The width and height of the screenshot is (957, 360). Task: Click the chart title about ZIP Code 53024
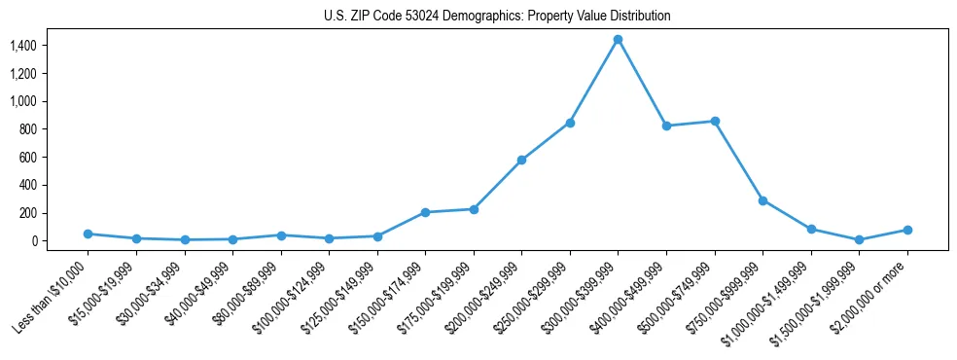pyautogui.click(x=497, y=17)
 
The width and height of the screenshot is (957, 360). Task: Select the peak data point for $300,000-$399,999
pyautogui.click(x=618, y=40)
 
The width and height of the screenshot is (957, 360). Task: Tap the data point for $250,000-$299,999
pyautogui.click(x=570, y=123)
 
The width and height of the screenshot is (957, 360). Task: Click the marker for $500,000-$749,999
pyautogui.click(x=715, y=122)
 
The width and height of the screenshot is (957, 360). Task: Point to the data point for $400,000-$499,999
pyautogui.click(x=666, y=126)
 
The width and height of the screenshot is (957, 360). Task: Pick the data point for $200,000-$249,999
pyautogui.click(x=521, y=160)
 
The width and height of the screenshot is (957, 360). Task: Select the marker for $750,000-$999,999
pyautogui.click(x=762, y=200)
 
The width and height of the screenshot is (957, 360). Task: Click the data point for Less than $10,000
pyautogui.click(x=88, y=234)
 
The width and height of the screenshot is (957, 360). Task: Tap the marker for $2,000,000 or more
pyautogui.click(x=907, y=230)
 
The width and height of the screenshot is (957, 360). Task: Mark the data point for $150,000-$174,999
pyautogui.click(x=425, y=212)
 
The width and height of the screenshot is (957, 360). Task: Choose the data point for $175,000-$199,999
pyautogui.click(x=474, y=209)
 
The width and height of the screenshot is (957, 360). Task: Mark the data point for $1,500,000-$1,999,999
pyautogui.click(x=859, y=239)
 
